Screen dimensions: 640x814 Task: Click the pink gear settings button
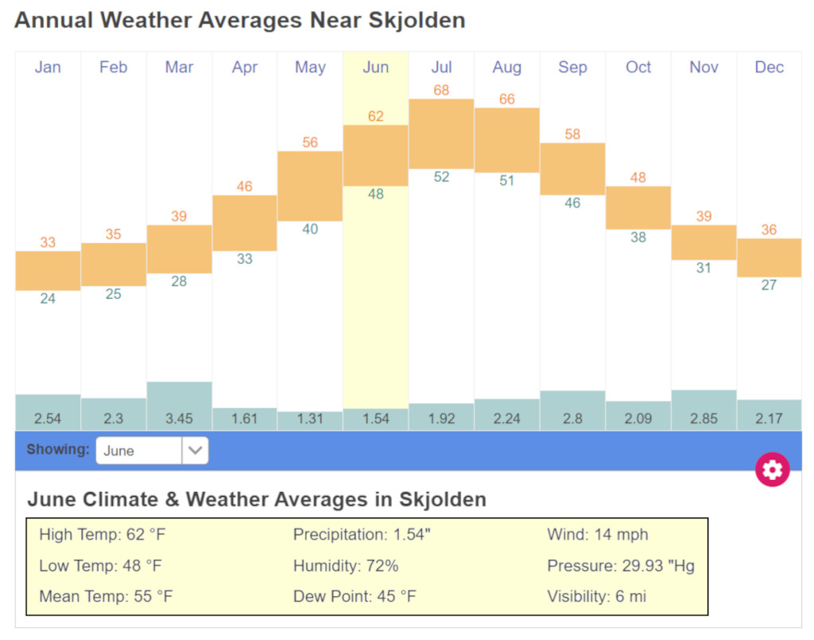pyautogui.click(x=772, y=470)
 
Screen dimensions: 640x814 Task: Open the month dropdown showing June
pyautogui.click(x=152, y=450)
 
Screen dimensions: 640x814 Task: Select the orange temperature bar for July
pyautogui.click(x=441, y=134)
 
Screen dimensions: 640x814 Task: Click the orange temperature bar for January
pyautogui.click(x=48, y=270)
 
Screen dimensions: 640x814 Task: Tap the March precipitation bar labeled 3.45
pyautogui.click(x=179, y=405)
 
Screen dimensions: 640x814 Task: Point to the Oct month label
pyautogui.click(x=638, y=68)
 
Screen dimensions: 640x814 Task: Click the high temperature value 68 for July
pyautogui.click(x=441, y=91)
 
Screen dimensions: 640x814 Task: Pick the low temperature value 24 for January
pyautogui.click(x=48, y=299)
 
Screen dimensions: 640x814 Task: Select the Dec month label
pyautogui.click(x=769, y=68)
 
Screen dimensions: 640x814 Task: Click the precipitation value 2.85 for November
pyautogui.click(x=704, y=418)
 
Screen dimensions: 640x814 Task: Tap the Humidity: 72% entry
pyautogui.click(x=346, y=566)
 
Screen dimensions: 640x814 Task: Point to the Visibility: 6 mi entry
pyautogui.click(x=597, y=596)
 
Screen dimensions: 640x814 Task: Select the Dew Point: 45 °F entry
pyautogui.click(x=355, y=596)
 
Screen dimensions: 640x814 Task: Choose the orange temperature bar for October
pyautogui.click(x=638, y=208)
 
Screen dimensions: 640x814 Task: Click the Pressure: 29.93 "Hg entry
pyautogui.click(x=621, y=566)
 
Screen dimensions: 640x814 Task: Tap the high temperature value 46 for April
pyautogui.click(x=245, y=187)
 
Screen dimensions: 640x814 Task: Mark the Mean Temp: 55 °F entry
pyautogui.click(x=106, y=596)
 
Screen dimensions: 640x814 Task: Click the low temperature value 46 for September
pyautogui.click(x=572, y=203)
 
